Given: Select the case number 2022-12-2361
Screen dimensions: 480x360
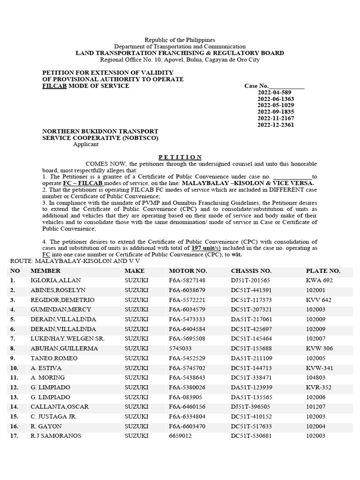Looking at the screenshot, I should coord(276,125).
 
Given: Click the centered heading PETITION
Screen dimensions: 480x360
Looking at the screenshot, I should coord(180,157).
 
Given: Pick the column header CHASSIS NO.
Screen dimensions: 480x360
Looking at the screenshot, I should coord(251,271).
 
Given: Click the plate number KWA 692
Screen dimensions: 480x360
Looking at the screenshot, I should coord(319,280).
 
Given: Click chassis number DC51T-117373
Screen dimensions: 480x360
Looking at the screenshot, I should coord(251,300).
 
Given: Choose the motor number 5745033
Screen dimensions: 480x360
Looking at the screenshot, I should coord(180,348).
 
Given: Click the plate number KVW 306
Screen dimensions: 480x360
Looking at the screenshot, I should coord(319,348).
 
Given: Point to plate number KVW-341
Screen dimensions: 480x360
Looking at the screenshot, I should coord(320,368).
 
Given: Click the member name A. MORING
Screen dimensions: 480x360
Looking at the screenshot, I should coord(46,377).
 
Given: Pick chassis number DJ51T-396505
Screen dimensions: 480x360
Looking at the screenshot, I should coord(250,407).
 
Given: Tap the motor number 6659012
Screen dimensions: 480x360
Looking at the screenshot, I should coord(180,436).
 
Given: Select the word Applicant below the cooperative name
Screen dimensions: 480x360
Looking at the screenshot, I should coord(86,144).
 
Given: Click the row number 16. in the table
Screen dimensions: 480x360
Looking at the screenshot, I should coord(15,426).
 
